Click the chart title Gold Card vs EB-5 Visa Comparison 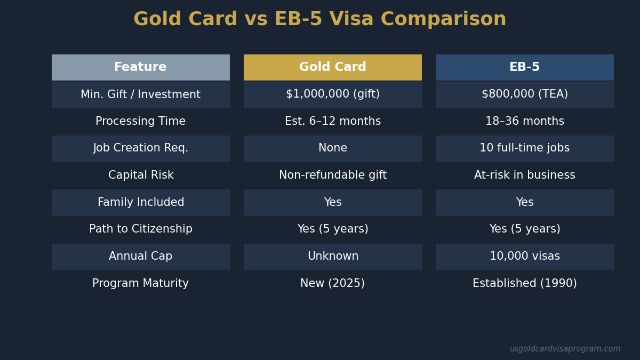319,20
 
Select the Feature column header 140,67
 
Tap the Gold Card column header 332,67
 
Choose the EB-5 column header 524,67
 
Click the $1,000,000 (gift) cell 332,94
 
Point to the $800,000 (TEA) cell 524,94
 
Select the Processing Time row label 140,122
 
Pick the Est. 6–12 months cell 332,122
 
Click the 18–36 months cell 524,122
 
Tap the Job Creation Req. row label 140,148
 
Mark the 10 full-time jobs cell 524,148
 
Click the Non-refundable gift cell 332,175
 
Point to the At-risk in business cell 524,175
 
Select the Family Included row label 140,203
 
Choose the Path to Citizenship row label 140,229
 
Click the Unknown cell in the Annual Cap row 332,257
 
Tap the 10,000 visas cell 524,257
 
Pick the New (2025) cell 332,284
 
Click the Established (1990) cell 524,284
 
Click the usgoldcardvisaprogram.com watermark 565,349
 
